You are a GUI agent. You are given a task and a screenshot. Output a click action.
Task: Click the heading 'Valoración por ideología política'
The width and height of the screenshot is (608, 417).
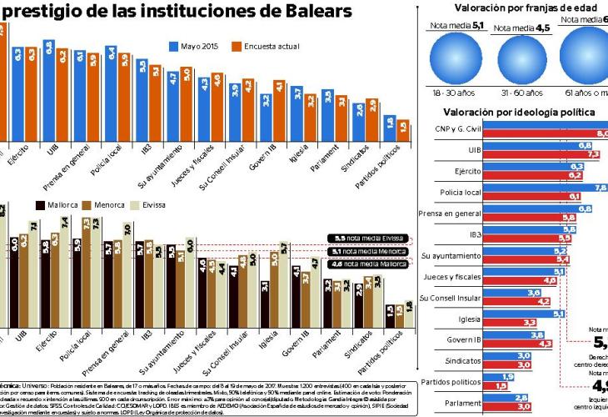click(518, 112)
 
